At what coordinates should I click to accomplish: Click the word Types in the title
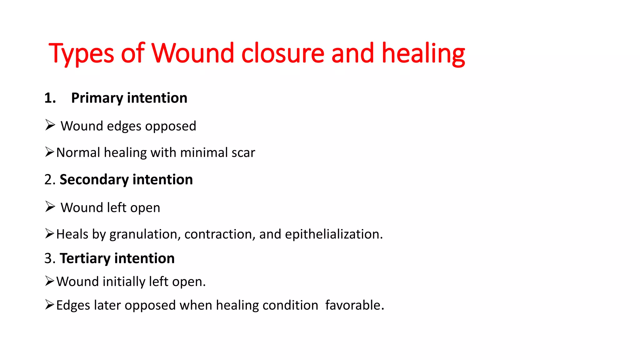click(81, 54)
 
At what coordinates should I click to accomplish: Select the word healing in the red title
click(423, 54)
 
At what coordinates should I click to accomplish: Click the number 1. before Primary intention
click(50, 98)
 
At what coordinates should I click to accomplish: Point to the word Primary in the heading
click(97, 98)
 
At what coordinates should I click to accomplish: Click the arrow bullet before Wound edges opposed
click(50, 125)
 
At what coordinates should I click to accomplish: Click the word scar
click(243, 153)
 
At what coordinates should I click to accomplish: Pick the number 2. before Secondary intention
click(50, 180)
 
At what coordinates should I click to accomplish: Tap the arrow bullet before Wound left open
click(50, 207)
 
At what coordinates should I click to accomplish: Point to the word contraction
click(220, 234)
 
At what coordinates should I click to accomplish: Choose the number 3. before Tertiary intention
click(50, 258)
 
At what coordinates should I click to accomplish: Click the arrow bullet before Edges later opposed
click(50, 305)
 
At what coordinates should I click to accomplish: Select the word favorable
click(354, 305)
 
